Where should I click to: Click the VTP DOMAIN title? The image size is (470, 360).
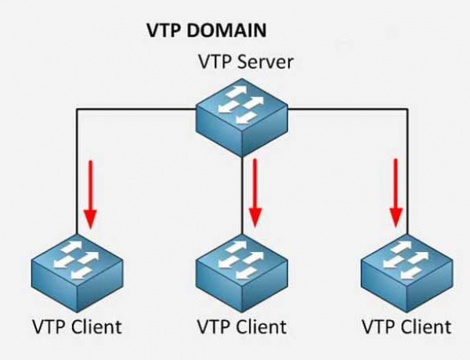tap(207, 31)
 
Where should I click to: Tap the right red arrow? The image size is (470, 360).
tap(396, 193)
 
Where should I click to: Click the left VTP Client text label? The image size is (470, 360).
tap(77, 325)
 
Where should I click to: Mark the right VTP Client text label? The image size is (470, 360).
tap(407, 325)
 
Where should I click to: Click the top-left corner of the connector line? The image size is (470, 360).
tap(77, 110)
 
